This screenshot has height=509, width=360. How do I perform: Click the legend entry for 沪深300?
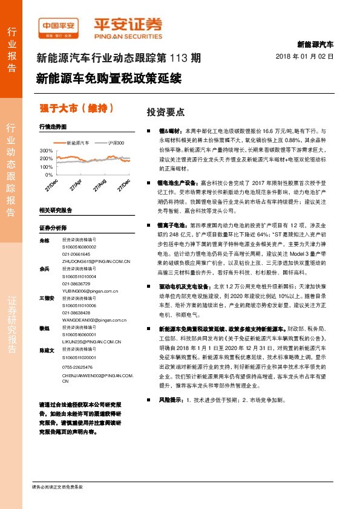pyautogui.click(x=114, y=143)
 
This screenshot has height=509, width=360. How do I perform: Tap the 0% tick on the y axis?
pyautogui.click(x=49, y=174)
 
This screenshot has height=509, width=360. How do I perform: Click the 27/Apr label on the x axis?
pyautogui.click(x=76, y=184)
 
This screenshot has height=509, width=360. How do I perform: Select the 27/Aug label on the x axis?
pyautogui.click(x=100, y=184)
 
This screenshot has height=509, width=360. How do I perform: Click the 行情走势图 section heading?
pyautogui.click(x=53, y=126)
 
